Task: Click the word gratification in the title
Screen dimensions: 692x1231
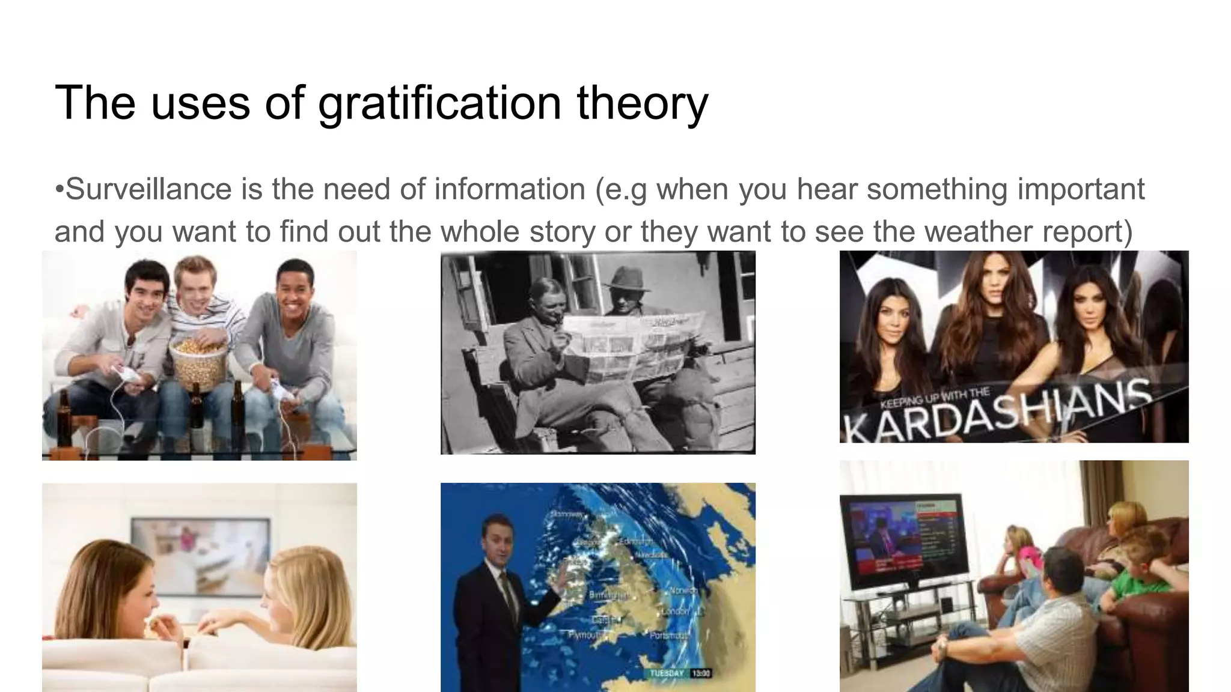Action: tap(439, 103)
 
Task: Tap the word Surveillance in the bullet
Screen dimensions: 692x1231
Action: tap(148, 190)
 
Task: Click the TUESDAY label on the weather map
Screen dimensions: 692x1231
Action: tap(667, 673)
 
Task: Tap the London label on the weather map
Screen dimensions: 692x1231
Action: tap(675, 612)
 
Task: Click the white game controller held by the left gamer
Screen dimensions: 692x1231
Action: tap(128, 374)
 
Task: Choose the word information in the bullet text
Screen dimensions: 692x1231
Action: tap(510, 190)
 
